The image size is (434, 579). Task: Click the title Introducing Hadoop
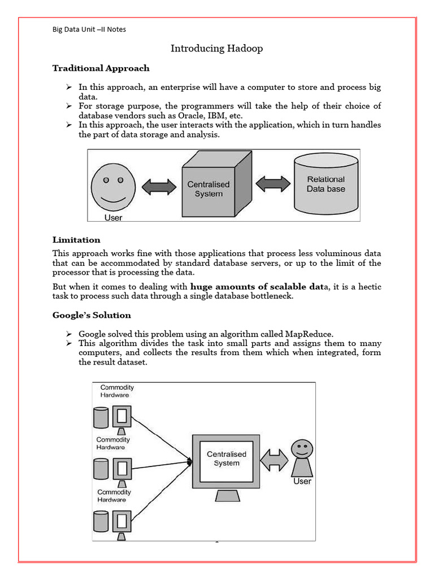pyautogui.click(x=216, y=49)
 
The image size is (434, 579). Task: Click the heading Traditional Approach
pyautogui.click(x=101, y=68)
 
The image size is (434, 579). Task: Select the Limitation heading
pyautogui.click(x=76, y=240)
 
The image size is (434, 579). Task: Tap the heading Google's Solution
pyautogui.click(x=92, y=316)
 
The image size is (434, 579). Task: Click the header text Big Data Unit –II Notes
pyautogui.click(x=89, y=29)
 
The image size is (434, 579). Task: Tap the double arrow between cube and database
pyautogui.click(x=274, y=184)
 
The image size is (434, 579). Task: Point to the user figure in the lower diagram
pyautogui.click(x=302, y=458)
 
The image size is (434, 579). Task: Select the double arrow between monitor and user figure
pyautogui.click(x=274, y=459)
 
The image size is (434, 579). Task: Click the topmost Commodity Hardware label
pyautogui.click(x=118, y=391)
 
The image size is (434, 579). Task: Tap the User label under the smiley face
pyautogui.click(x=113, y=217)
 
